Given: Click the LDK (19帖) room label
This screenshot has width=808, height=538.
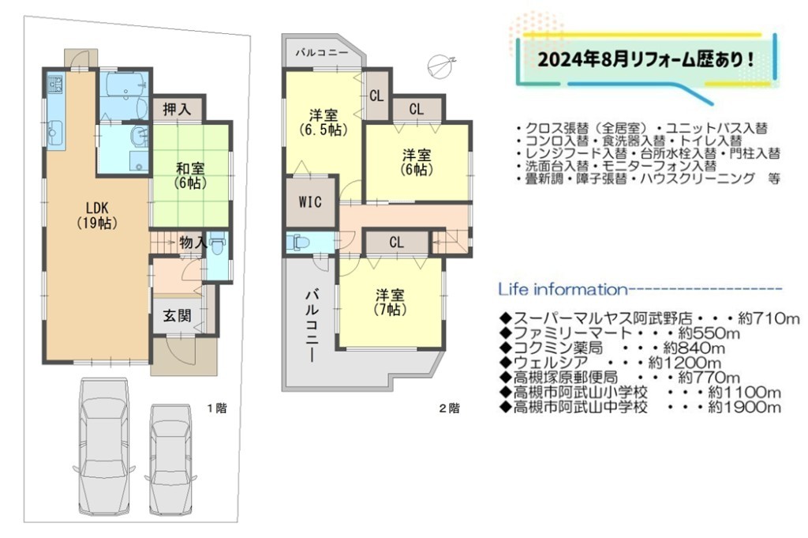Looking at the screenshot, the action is pos(97,215).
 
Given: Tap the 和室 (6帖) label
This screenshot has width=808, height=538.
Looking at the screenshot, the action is pos(190,175).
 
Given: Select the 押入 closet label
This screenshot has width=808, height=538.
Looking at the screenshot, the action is pos(177,109).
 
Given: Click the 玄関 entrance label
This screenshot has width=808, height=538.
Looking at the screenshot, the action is pos(177,315).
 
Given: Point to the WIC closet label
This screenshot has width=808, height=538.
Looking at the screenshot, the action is pos(310,201).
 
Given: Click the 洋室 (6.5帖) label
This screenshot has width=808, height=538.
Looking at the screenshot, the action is pos(324,122).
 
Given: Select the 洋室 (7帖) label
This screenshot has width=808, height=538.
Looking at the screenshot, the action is pos(390,303).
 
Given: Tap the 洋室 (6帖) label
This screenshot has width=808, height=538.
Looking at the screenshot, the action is pos(417,161).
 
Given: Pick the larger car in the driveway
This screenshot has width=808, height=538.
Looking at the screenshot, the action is pos(103,442).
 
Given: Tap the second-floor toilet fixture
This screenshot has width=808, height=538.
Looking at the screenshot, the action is pos(297,243).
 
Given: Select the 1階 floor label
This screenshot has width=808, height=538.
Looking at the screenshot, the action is pos(217,408).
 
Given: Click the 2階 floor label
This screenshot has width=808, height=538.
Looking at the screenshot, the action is pos(449,408).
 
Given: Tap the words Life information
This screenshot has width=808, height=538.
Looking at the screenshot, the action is pos(563,289).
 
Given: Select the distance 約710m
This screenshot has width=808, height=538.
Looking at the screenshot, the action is pos(769,319).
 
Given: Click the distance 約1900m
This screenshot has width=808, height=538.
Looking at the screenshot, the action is pos(745,408).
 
